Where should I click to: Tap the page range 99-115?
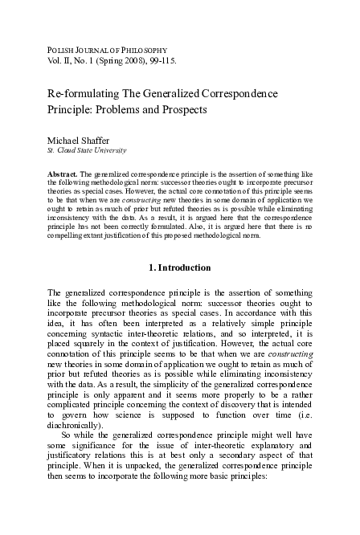[153, 60]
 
